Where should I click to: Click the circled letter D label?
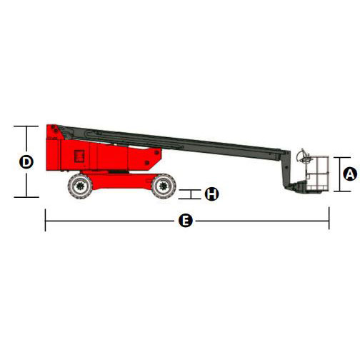pos(26,161)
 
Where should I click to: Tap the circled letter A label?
pos(350,174)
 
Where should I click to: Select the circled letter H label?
pos(211,194)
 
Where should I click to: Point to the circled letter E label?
pos(186,221)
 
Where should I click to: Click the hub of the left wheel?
pos(80,186)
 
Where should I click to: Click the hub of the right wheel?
pos(164,186)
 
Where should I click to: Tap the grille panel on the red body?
pos(79,156)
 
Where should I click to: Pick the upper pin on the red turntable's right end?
pos(156,152)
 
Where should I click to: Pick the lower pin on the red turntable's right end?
pos(147,163)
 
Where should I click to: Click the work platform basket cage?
pos(317,173)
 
